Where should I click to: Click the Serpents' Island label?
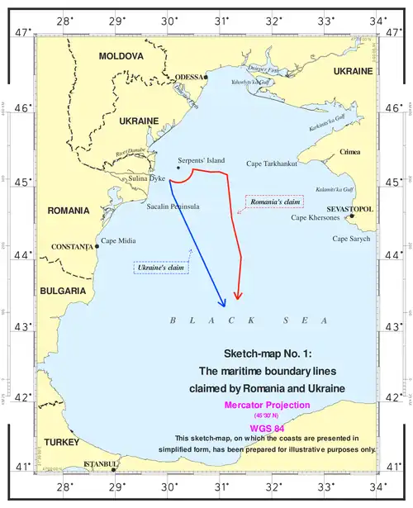point(201,160)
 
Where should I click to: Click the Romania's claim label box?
point(275,201)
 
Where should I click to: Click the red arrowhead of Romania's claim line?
point(237,296)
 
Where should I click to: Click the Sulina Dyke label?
point(145,178)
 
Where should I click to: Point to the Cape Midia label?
point(117,241)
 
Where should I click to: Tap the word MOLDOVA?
point(121,56)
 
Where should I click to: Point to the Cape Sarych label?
point(352,239)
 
